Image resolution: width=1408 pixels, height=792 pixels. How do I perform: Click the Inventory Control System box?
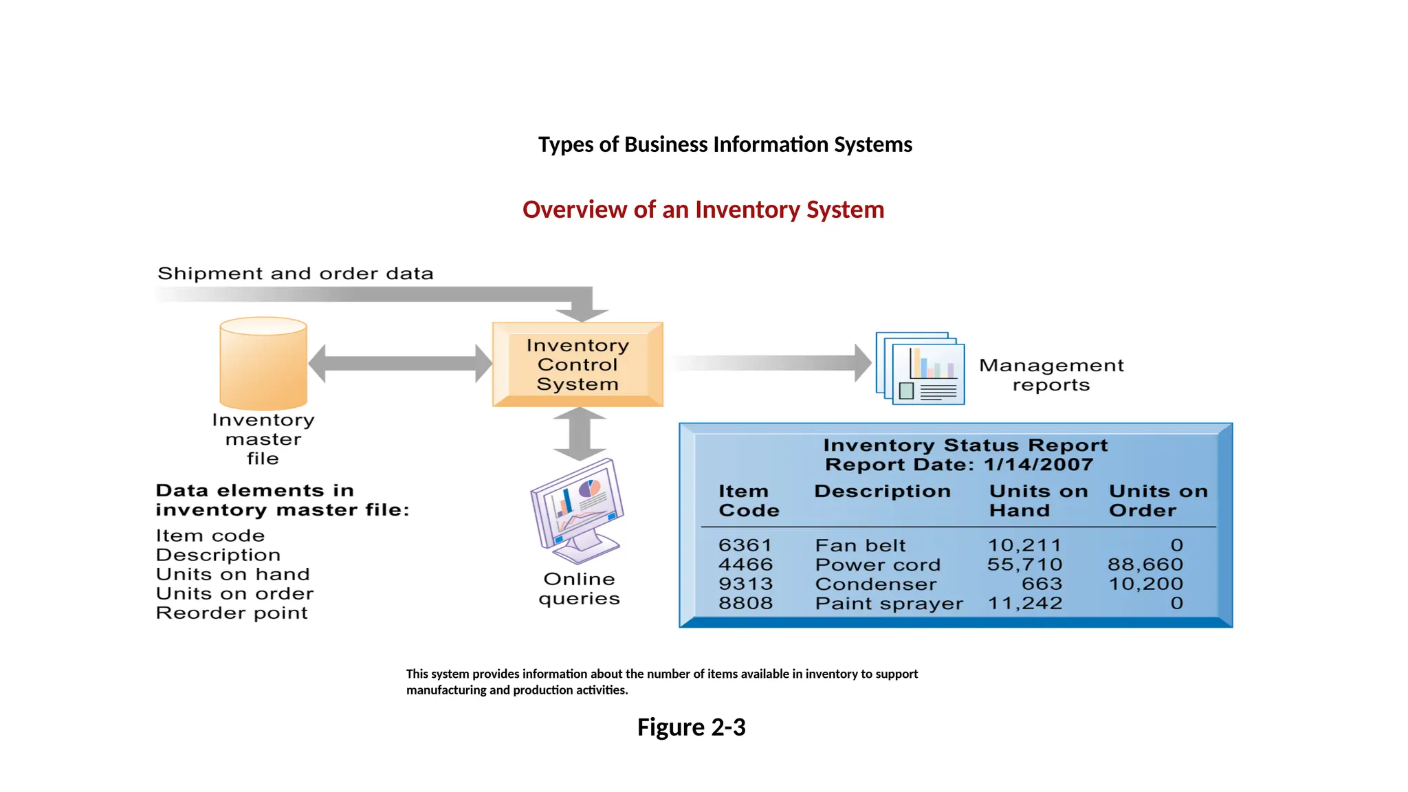[x=577, y=364]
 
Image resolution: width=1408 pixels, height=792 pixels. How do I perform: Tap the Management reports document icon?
[x=921, y=368]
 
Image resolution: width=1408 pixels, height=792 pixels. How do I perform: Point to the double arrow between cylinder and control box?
[x=400, y=364]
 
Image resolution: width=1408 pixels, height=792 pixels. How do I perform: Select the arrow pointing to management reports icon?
[x=770, y=363]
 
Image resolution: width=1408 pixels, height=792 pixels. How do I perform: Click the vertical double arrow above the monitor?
[x=580, y=434]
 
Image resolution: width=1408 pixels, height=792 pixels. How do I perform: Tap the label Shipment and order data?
[x=296, y=274]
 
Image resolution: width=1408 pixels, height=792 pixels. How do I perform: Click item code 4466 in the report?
[x=745, y=565]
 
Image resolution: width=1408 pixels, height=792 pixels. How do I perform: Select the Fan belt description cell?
[x=860, y=546]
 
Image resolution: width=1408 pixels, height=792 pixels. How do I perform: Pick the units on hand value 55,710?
[x=1024, y=565]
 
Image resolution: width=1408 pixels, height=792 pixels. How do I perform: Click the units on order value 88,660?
[x=1145, y=565]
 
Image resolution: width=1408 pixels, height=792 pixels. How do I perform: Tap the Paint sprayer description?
[x=889, y=604]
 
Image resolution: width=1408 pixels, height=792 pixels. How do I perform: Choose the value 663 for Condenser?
[x=1042, y=584]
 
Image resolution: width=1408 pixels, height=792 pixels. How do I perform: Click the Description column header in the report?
[x=882, y=492]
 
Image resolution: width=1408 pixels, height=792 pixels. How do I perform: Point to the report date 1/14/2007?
[x=1038, y=465]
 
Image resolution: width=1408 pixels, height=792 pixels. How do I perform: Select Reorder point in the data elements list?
[x=232, y=613]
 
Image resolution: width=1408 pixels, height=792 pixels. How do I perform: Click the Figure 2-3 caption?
[x=691, y=727]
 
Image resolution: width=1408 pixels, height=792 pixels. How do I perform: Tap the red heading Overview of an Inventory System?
[x=703, y=210]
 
